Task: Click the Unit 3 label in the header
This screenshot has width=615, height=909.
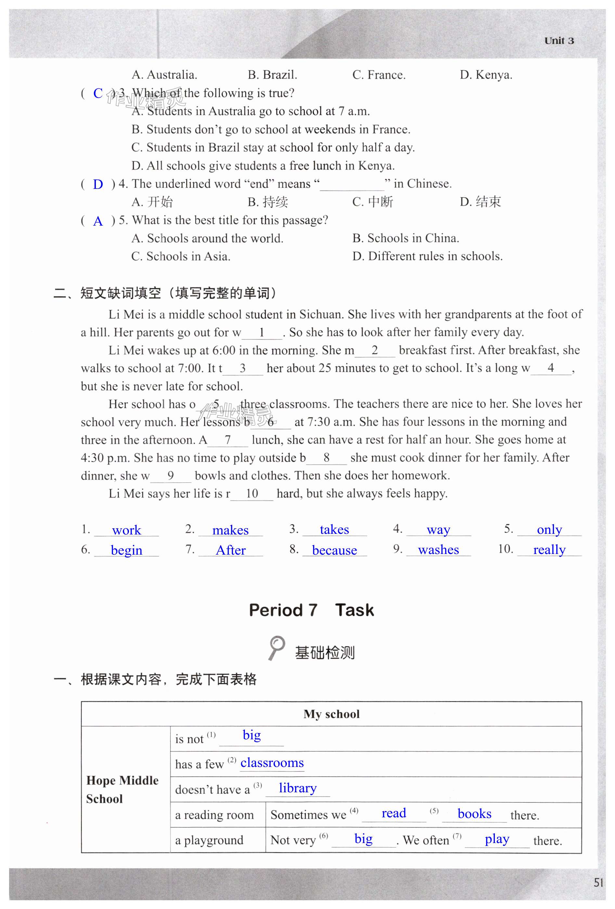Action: click(x=559, y=41)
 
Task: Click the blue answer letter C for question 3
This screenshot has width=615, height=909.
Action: click(x=98, y=94)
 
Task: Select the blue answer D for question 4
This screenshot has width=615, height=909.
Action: click(x=98, y=184)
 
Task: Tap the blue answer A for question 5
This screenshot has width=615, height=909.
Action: click(x=98, y=221)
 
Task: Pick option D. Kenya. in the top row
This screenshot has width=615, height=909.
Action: click(x=486, y=75)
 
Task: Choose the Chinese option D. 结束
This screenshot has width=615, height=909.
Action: click(x=480, y=202)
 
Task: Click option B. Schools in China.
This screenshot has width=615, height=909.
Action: click(x=405, y=238)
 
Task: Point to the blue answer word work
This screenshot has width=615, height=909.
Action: click(x=126, y=530)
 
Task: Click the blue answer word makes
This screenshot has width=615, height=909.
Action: click(x=230, y=530)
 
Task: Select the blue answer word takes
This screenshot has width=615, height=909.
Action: click(x=334, y=529)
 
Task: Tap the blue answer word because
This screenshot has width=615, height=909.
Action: click(x=334, y=550)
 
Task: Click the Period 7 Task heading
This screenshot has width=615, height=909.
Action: click(x=311, y=610)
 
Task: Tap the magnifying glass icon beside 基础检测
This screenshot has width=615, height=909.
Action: click(x=277, y=648)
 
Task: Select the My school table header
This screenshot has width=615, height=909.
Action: click(x=331, y=714)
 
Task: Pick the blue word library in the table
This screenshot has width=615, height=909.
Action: click(x=298, y=788)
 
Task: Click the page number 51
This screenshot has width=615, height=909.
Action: click(x=598, y=882)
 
